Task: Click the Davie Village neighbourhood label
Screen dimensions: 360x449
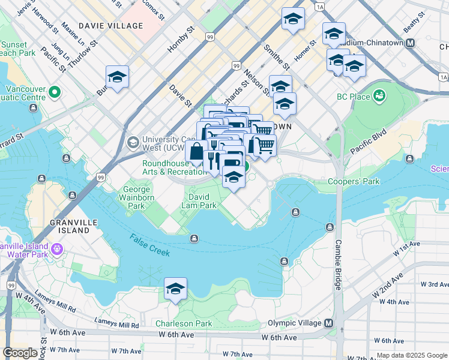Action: pos(110,26)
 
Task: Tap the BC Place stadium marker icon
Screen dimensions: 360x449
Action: pos(379,95)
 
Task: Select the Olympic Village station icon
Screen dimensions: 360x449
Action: pos(328,323)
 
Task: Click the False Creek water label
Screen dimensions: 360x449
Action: pos(149,245)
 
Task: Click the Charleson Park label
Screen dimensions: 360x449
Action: pos(184,323)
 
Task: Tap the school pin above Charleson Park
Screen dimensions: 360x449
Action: pos(175,289)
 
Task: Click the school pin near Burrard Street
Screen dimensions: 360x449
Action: pos(118,77)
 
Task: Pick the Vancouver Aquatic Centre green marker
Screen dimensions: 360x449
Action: pos(55,92)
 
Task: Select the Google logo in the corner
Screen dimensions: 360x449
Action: pos(20,353)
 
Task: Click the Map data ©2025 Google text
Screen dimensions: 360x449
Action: pos(411,355)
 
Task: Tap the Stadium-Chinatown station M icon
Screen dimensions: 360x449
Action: pos(410,43)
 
